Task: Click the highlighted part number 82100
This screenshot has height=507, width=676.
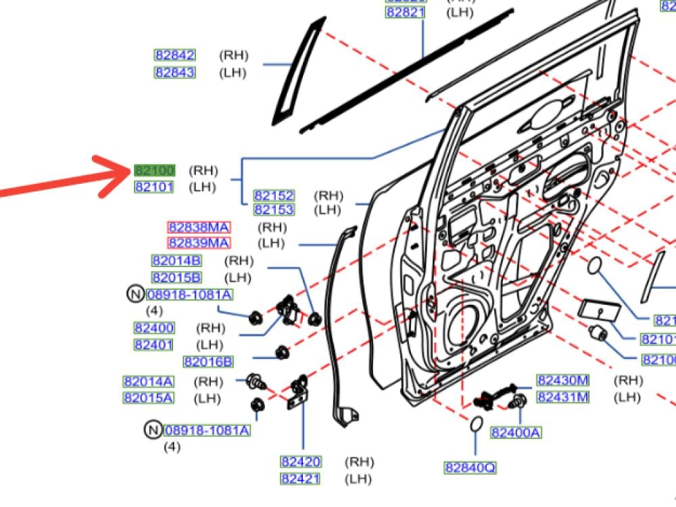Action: tap(155, 170)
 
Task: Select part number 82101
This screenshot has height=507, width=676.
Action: tap(154, 187)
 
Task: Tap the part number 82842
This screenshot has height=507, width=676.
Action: tap(175, 55)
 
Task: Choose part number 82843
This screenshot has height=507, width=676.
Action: tap(175, 72)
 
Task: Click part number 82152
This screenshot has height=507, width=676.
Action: tap(274, 195)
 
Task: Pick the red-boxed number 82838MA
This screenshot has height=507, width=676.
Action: tap(199, 227)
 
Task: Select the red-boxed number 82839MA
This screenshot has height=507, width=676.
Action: tap(199, 243)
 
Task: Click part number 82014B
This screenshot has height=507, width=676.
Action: tap(176, 261)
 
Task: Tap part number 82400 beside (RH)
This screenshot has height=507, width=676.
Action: tap(154, 328)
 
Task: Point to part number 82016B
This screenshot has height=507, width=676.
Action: tap(208, 362)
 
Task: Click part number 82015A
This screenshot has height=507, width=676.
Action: tap(148, 398)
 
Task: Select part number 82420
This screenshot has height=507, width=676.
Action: tap(301, 462)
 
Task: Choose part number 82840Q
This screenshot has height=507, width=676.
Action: tap(470, 467)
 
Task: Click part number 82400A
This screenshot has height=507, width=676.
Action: tap(516, 433)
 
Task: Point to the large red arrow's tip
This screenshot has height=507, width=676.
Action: tap(130, 170)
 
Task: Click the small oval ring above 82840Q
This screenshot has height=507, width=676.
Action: tap(475, 425)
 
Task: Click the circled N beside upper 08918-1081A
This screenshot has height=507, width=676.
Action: tap(135, 294)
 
